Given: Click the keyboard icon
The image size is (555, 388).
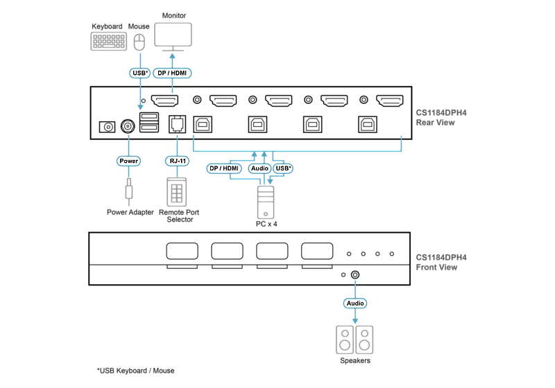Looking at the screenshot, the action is tap(109, 42).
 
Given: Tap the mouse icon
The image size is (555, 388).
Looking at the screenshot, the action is tap(139, 42).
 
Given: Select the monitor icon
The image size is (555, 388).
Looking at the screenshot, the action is tap(173, 37).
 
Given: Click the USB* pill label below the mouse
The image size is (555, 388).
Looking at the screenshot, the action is tap(140, 73).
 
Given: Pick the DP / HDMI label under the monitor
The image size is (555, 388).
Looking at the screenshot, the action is tap(172, 73).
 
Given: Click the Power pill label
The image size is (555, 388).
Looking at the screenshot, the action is tap(128, 161).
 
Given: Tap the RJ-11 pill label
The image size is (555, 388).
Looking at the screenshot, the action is tap(178, 161).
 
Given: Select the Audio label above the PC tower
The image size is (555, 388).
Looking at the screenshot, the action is tap(259, 168).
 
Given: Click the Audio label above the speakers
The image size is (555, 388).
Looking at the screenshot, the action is tap(355, 303).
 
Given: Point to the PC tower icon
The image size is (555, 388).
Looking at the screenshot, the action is tap(266, 202).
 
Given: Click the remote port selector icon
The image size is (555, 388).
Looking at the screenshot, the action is tap(177, 192).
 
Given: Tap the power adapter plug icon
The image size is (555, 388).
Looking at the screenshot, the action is tap(129, 192).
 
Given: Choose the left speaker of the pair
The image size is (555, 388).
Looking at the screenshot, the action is tap(345, 340).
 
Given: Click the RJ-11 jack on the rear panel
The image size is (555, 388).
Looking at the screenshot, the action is tap(178, 124).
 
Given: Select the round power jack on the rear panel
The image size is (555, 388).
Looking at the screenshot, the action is tap(128, 126).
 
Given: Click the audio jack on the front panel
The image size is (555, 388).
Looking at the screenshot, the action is tap(355, 274).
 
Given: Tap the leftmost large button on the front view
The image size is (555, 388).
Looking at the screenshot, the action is tap(182, 251).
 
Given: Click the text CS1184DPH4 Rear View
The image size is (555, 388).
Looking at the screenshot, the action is tap(441, 118).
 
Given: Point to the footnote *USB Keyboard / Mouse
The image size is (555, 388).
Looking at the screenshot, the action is tap(135, 371).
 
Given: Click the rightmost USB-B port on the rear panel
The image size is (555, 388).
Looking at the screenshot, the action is tap(368, 125).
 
